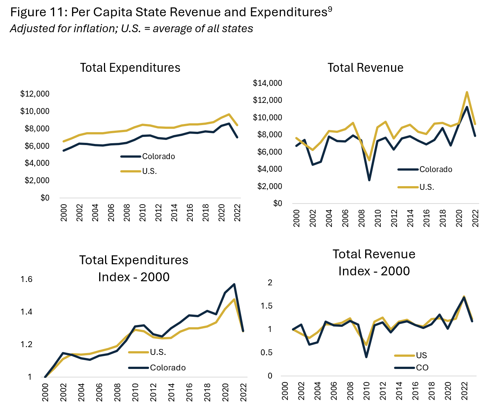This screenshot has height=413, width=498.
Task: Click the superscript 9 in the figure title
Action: (x=330, y=10)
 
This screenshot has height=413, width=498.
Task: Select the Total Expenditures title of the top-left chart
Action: (x=130, y=68)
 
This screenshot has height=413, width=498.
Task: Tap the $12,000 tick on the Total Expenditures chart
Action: (x=35, y=94)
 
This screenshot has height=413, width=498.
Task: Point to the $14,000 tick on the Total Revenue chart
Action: (x=267, y=83)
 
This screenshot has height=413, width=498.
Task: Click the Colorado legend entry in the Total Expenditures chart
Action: (x=158, y=157)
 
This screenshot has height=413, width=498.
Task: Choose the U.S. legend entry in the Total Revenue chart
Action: (x=427, y=187)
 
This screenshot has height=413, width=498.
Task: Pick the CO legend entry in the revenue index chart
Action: (x=422, y=368)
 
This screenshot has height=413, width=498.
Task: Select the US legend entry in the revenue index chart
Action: (x=421, y=356)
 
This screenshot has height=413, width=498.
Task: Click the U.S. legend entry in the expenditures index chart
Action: (x=158, y=352)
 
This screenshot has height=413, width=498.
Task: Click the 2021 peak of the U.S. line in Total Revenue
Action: (x=467, y=92)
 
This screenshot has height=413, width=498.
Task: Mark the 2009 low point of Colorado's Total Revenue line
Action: (x=369, y=180)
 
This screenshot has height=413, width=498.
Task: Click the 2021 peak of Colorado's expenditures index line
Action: (x=234, y=284)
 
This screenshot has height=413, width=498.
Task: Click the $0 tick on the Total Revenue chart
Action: (x=277, y=204)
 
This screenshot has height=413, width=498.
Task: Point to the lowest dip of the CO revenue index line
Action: (x=366, y=357)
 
